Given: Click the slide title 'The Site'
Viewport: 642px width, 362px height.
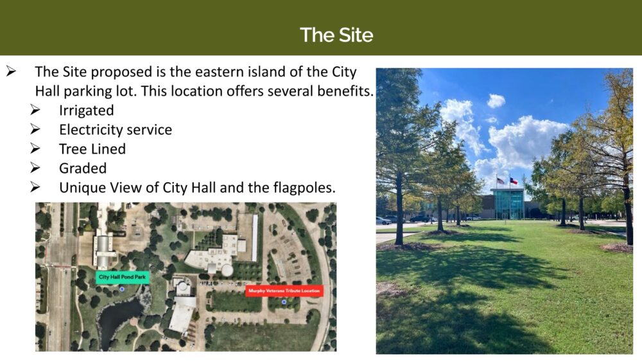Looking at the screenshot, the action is pyautogui.click(x=336, y=35).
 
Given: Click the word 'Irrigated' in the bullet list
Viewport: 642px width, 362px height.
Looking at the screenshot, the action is pyautogui.click(x=87, y=111).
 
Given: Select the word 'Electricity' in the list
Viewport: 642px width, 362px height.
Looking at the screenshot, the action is pyautogui.click(x=91, y=129).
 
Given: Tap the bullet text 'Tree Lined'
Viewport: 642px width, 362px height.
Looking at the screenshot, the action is pyautogui.click(x=92, y=149).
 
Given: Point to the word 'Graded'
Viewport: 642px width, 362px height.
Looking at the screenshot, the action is pyautogui.click(x=83, y=168).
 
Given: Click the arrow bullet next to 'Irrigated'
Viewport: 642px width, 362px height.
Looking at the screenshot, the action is pyautogui.click(x=35, y=110).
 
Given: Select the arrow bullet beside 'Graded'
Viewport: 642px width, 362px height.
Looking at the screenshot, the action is pyautogui.click(x=35, y=168).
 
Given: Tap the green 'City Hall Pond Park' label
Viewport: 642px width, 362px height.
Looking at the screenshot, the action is pyautogui.click(x=123, y=277).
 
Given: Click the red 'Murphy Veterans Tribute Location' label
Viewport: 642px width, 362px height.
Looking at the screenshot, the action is pyautogui.click(x=284, y=291).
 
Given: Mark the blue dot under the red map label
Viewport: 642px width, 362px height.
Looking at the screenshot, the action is pyautogui.click(x=284, y=302).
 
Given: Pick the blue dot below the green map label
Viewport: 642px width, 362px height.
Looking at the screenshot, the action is pyautogui.click(x=121, y=289).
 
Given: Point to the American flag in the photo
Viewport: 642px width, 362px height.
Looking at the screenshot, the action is pyautogui.click(x=500, y=181).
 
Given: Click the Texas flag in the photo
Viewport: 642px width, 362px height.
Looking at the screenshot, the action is pyautogui.click(x=514, y=181).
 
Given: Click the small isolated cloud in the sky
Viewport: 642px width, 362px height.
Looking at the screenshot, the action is pyautogui.click(x=496, y=100).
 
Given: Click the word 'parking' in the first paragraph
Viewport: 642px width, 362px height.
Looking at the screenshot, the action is pyautogui.click(x=87, y=91).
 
